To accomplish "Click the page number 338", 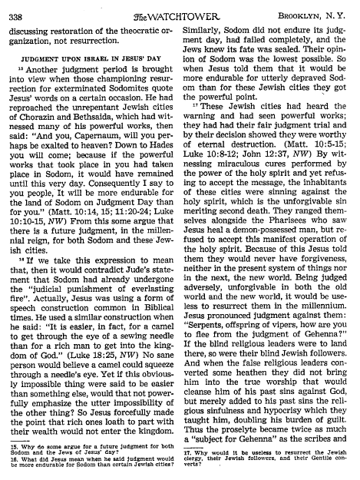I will (x=19, y=12).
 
